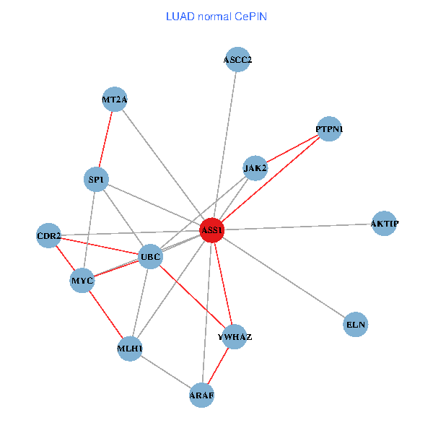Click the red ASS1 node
point(211,230)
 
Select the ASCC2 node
point(237,60)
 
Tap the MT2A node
point(115,100)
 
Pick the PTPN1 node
point(329,129)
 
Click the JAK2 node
point(255,168)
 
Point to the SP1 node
point(96,179)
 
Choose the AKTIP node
point(384,224)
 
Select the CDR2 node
point(48,235)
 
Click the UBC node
point(150,256)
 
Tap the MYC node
point(82,280)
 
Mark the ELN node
point(356,325)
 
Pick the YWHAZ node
point(235,336)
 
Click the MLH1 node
point(130,349)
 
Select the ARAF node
point(202,395)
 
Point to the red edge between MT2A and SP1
point(105,139)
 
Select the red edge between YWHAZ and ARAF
point(218,366)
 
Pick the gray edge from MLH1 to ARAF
point(166,372)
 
